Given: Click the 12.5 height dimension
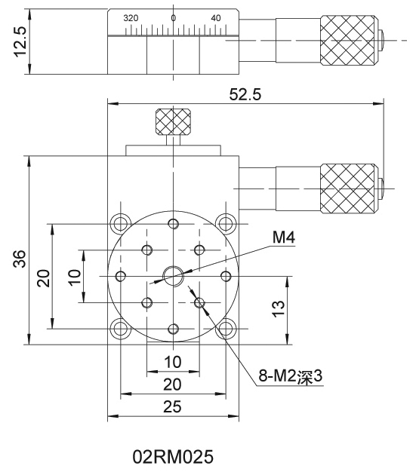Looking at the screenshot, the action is click(x=20, y=41).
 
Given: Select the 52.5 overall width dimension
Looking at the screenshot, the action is click(x=245, y=94).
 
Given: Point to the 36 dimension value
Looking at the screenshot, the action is click(x=20, y=259).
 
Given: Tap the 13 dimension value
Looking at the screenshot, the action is click(x=279, y=308).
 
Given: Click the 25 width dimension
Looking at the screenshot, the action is click(x=172, y=406).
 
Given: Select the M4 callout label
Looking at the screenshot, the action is click(x=284, y=237).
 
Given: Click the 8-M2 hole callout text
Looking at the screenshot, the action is click(x=291, y=376).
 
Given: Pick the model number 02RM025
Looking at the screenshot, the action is click(x=173, y=456).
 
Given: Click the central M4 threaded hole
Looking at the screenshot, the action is click(x=173, y=276).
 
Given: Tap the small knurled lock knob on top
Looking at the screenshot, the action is click(x=173, y=121).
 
